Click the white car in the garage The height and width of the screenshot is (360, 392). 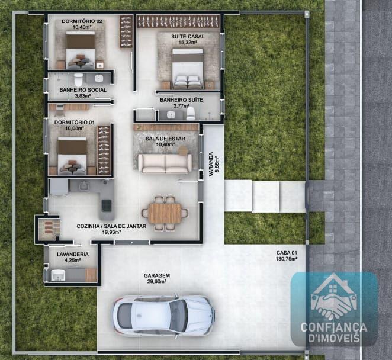tap(164, 316)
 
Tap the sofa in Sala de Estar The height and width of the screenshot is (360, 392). tap(165, 163)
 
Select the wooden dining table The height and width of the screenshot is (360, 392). tap(165, 213)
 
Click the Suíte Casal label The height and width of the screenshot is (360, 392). tap(188, 37)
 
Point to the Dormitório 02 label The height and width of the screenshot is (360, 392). tap(82, 21)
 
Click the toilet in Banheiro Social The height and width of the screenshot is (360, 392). tap(79, 79)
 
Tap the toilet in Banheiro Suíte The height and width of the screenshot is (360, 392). tap(191, 113)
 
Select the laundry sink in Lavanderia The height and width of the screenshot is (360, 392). tap(58, 275)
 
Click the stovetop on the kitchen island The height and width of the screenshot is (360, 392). tap(107, 205)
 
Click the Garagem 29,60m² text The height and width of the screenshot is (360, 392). tap(157, 278)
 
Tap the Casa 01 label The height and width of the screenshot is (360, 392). tap(287, 253)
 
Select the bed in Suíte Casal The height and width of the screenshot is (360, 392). tap(188, 69)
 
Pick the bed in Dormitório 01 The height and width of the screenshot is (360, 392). tap(72, 156)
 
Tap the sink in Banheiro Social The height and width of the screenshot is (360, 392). tap(99, 78)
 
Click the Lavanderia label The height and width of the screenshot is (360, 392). tap(73, 254)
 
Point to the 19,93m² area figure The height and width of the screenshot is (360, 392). tap(111, 232)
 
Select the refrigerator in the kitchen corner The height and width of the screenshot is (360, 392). tap(59, 187)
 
